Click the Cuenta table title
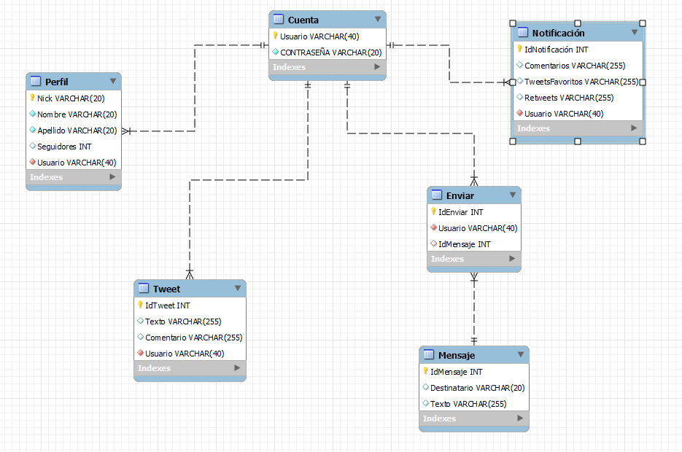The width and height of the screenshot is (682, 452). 303,20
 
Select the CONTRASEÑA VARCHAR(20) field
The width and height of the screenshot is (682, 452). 330,52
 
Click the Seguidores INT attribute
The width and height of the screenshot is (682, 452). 64,147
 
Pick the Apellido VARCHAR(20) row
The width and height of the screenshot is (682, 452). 77,130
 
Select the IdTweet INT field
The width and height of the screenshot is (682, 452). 167,305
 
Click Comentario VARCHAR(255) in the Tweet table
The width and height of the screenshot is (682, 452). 193,338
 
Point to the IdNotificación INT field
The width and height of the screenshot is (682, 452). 556,50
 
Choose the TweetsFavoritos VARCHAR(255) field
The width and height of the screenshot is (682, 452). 581,82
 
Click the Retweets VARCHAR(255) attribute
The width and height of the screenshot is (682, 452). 569,98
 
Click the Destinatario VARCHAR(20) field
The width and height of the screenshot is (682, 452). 477,388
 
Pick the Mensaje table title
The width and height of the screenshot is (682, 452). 457,355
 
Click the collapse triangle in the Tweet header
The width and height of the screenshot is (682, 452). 238,289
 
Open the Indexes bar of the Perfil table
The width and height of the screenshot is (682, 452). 73,177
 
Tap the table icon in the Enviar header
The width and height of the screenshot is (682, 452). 437,195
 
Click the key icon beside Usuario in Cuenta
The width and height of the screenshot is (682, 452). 275,36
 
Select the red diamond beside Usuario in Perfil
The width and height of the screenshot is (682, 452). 33,163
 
